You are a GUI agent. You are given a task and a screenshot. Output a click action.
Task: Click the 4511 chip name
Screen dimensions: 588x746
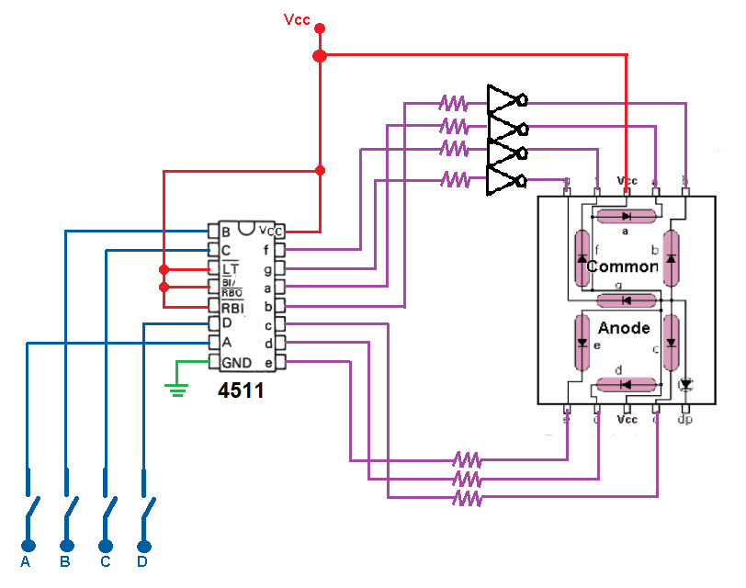(241, 391)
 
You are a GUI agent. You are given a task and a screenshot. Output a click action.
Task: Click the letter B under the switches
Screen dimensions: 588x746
(65, 561)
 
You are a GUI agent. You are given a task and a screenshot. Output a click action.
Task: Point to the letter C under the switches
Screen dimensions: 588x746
(105, 561)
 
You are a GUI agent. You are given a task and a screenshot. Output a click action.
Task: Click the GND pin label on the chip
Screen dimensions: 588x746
(236, 362)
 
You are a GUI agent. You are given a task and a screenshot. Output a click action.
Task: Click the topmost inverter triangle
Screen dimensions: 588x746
(503, 99)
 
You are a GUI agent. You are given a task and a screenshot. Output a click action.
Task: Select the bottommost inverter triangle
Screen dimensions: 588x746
(503, 178)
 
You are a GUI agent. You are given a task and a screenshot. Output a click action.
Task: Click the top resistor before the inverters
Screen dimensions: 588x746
(454, 102)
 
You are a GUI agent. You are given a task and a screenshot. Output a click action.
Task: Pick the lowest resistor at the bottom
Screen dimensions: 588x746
(467, 498)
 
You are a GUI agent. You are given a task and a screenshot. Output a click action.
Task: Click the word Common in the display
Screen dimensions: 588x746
(622, 266)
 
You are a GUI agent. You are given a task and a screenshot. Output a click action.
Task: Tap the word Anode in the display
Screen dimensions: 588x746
(624, 328)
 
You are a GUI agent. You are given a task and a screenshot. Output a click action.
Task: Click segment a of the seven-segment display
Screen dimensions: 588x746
(626, 217)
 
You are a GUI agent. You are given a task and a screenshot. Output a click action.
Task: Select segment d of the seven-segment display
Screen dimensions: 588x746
(626, 384)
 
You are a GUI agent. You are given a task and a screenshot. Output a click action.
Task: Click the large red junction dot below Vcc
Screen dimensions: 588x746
(320, 56)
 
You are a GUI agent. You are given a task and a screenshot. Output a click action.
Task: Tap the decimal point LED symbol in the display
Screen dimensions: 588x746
(684, 382)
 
